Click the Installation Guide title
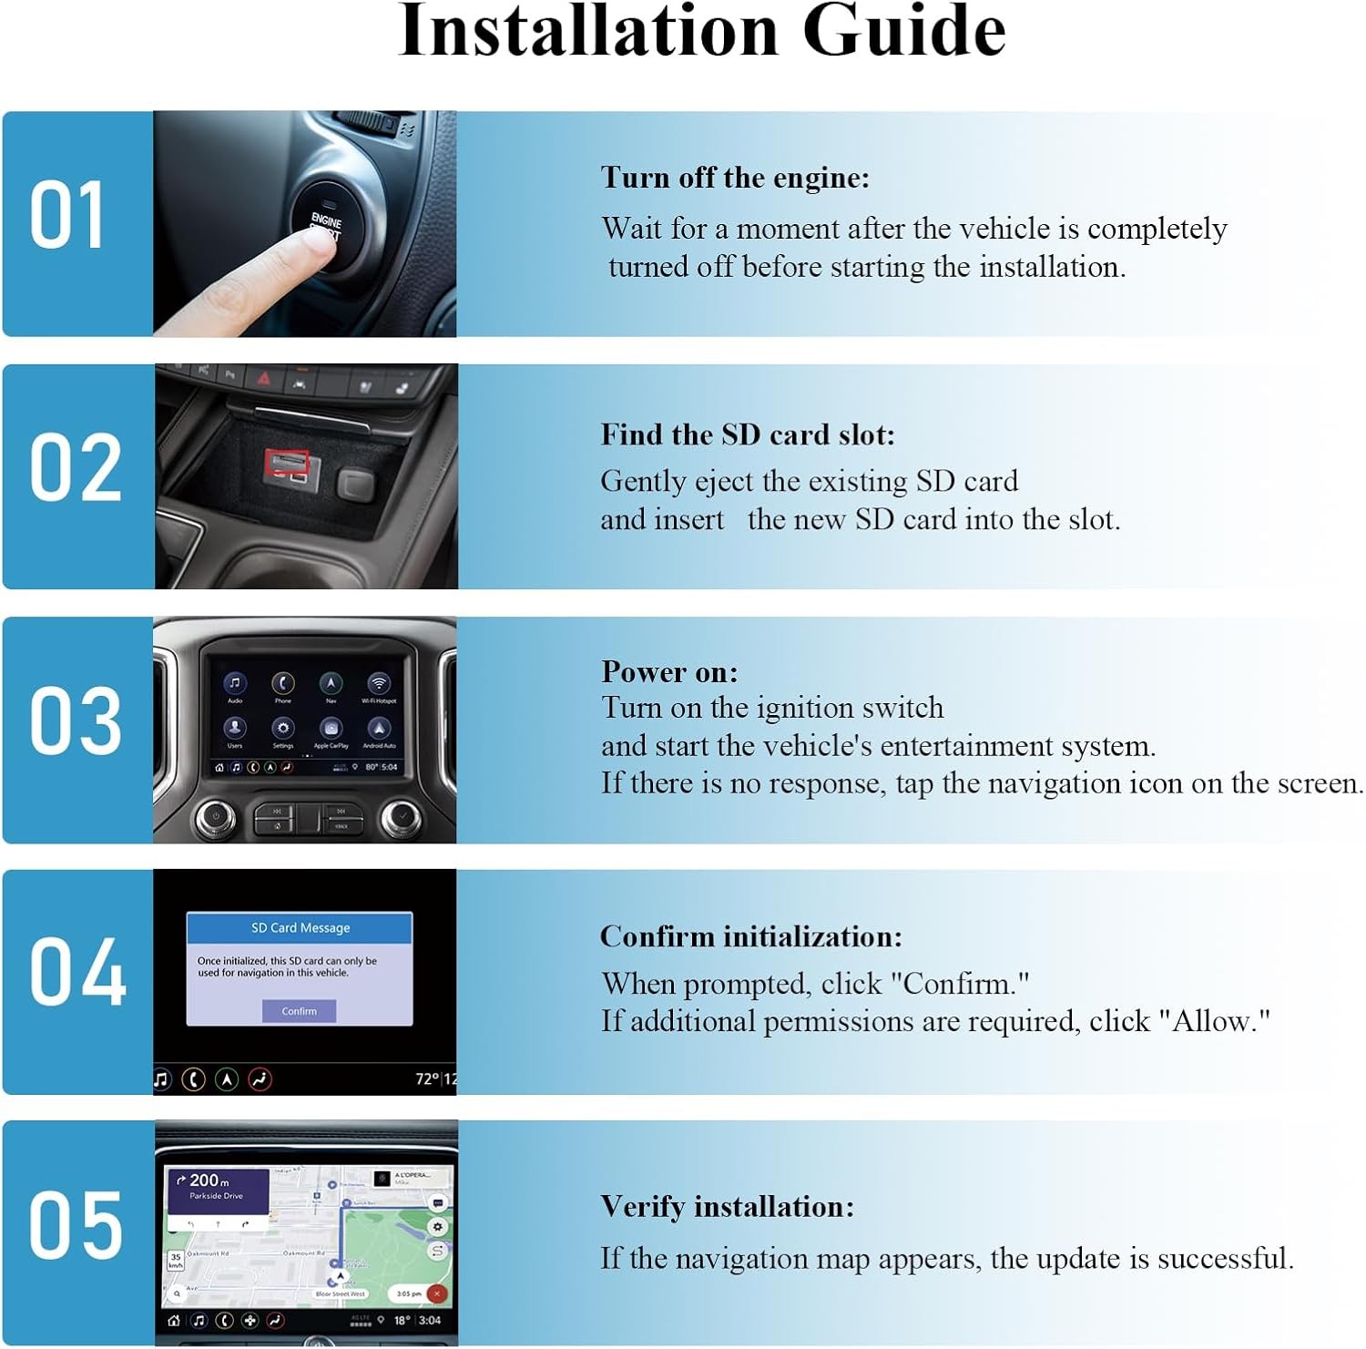click(x=701, y=33)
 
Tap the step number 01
click(x=67, y=216)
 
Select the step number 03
click(x=75, y=720)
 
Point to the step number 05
click(x=75, y=1226)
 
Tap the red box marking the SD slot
click(x=287, y=464)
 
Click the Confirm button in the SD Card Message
click(x=299, y=1011)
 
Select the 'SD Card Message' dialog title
click(x=301, y=928)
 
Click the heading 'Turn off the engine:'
click(x=735, y=178)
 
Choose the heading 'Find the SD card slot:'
click(x=748, y=434)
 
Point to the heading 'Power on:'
click(x=669, y=672)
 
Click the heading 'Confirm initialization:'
click(x=751, y=936)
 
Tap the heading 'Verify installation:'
click(x=728, y=1207)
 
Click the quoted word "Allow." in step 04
click(x=1215, y=1021)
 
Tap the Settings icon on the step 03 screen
click(x=283, y=729)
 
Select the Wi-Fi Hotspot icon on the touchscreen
click(x=379, y=683)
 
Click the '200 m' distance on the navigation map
click(x=209, y=1180)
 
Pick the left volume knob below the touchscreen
click(x=215, y=816)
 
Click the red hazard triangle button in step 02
click(x=263, y=377)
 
